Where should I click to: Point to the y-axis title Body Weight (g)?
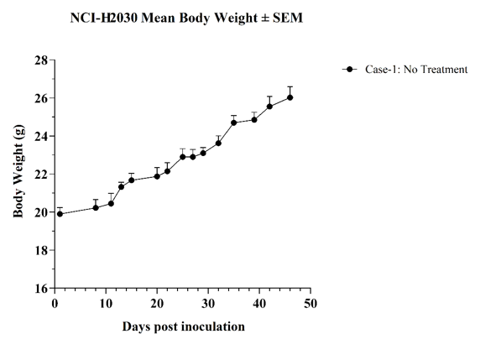click(18, 171)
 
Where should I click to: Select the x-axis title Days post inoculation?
click(184, 326)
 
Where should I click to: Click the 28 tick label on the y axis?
click(41, 60)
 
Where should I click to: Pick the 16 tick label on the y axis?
click(41, 289)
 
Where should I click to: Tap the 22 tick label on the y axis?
click(41, 175)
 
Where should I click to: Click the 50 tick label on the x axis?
click(310, 304)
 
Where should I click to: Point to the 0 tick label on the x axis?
click(55, 304)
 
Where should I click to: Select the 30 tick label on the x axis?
click(208, 304)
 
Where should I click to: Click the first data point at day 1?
click(60, 214)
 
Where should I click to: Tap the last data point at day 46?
click(290, 97)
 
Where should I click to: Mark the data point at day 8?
click(96, 208)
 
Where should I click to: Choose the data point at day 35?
click(234, 123)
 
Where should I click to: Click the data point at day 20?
click(157, 176)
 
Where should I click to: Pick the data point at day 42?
click(269, 107)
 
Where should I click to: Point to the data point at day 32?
click(218, 143)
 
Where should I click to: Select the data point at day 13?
click(121, 187)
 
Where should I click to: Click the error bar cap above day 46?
click(290, 87)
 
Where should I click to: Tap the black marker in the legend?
click(350, 70)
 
